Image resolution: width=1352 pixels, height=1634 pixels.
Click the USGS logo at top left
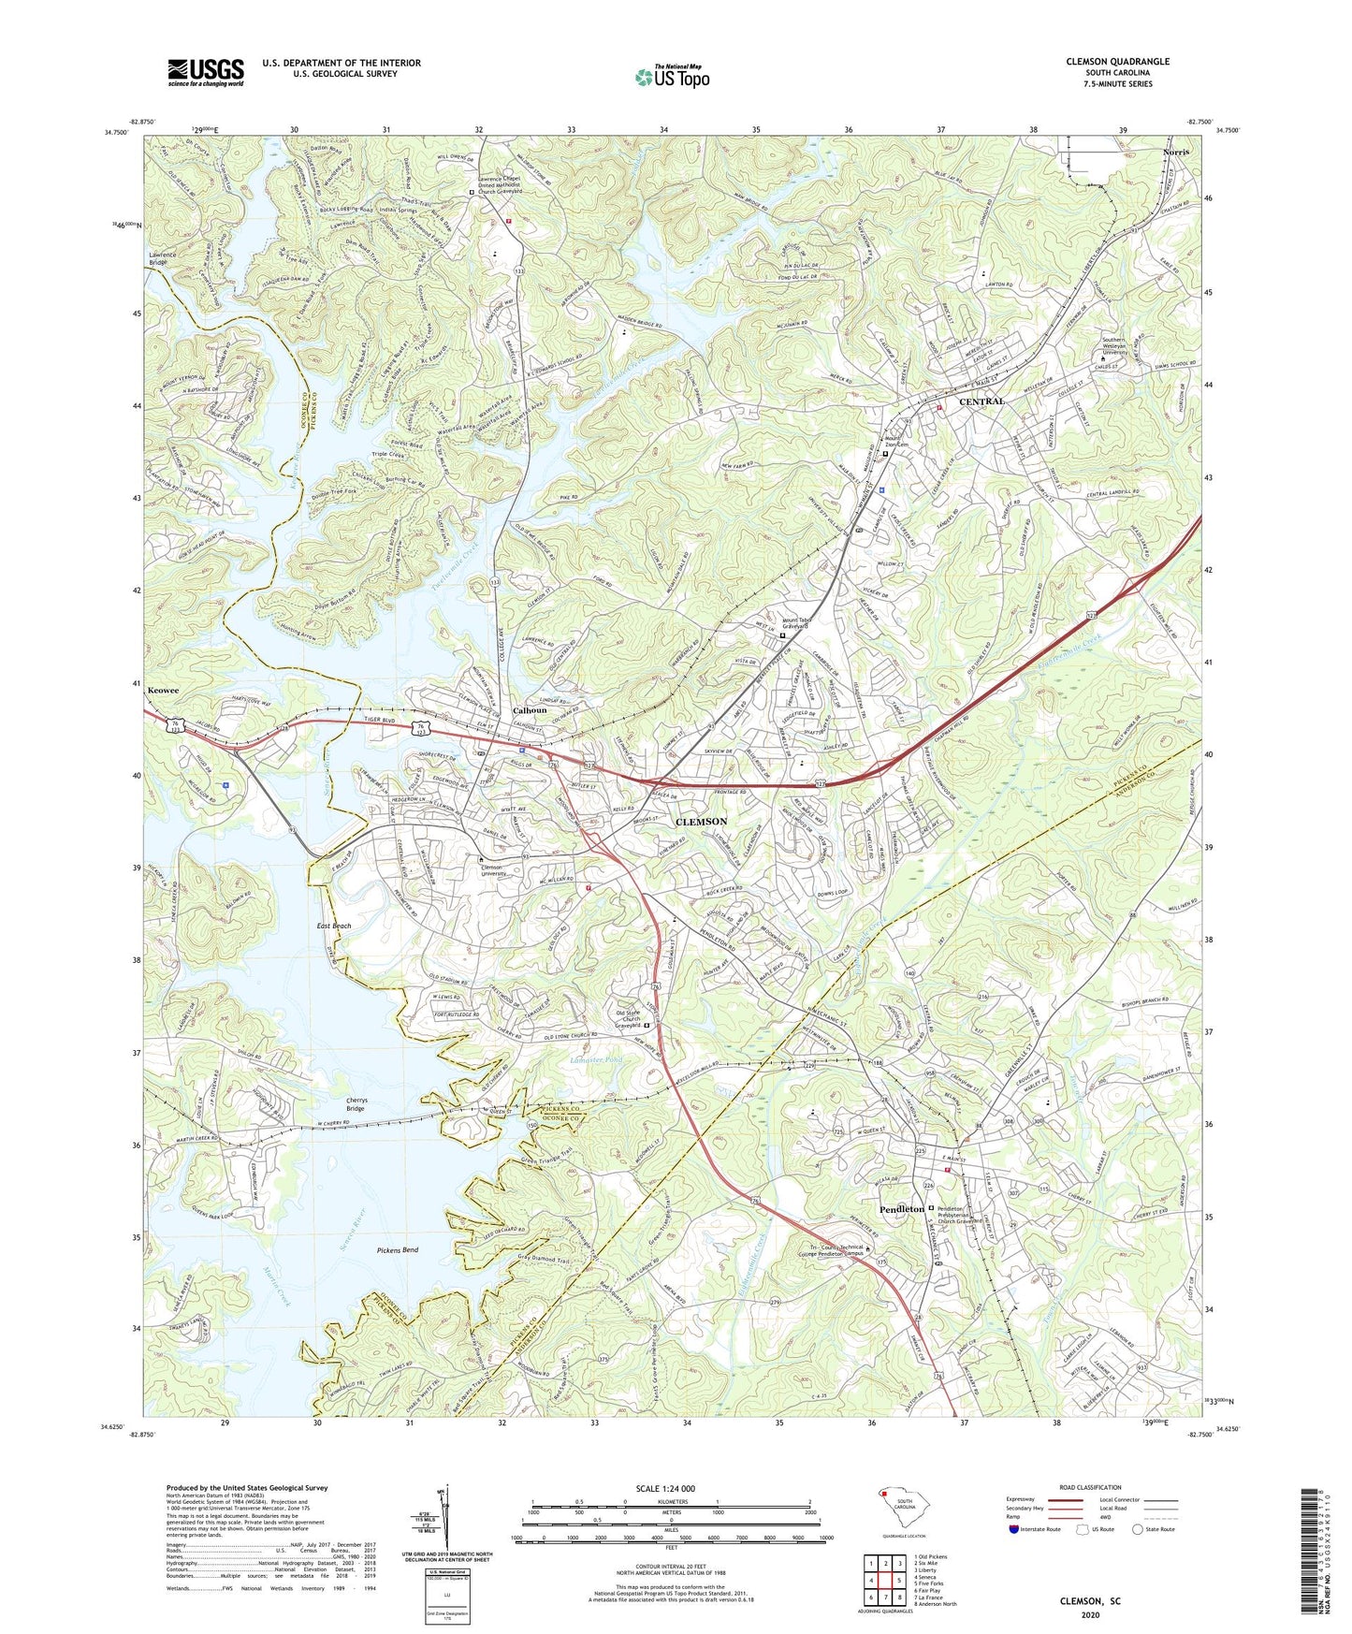206,72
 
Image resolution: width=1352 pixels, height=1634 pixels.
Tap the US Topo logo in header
672,77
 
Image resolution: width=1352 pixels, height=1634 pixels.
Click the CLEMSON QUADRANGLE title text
1117,62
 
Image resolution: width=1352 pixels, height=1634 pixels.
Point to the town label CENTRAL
981,401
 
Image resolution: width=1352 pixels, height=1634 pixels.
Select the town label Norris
1176,152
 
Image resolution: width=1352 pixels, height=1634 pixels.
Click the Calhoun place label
530,710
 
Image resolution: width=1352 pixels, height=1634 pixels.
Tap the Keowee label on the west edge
163,691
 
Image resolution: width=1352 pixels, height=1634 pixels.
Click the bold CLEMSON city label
701,822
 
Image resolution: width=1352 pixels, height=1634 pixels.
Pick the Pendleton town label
901,1209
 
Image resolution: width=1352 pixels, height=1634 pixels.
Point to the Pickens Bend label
398,1250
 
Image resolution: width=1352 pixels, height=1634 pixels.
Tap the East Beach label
333,926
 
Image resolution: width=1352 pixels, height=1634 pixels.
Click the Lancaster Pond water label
596,1060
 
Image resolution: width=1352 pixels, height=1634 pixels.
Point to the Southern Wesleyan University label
1126,346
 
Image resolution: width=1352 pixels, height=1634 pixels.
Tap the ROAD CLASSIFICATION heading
1090,1487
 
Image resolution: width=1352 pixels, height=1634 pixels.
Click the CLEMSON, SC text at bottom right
1089,1601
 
